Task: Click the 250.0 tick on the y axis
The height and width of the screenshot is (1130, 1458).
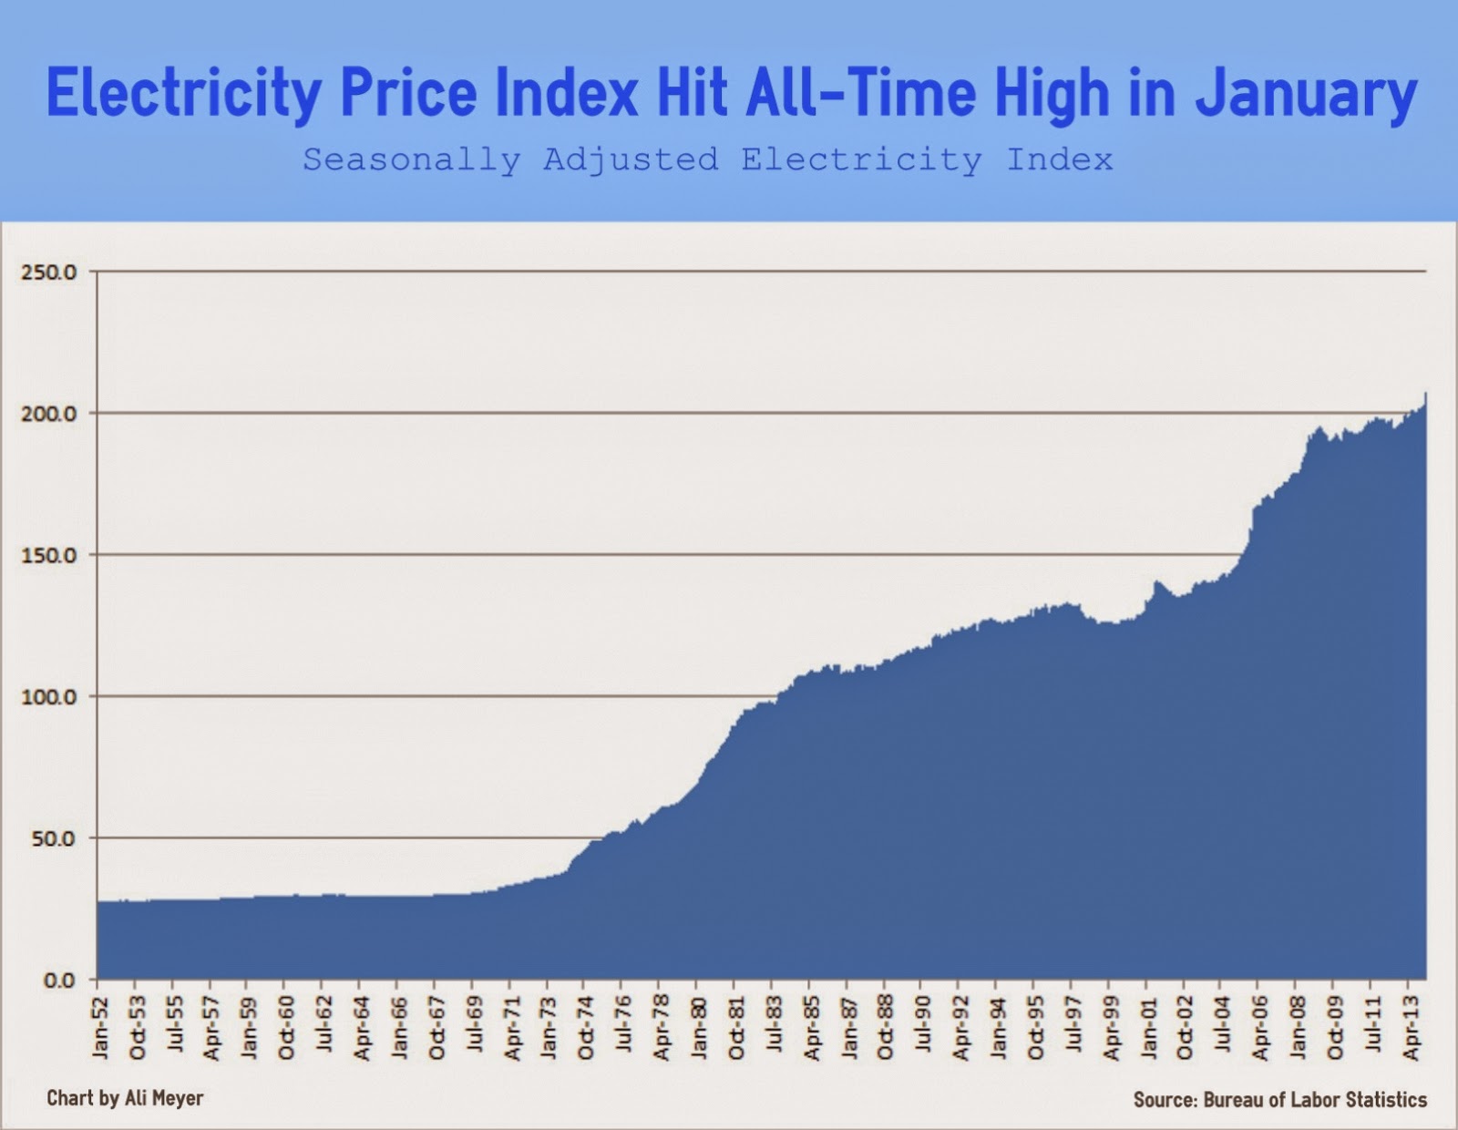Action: (x=48, y=272)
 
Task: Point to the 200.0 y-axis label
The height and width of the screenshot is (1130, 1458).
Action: (x=48, y=414)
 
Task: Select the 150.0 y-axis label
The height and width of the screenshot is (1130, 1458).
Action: (x=48, y=555)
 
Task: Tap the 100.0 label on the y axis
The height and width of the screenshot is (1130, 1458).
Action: (x=48, y=697)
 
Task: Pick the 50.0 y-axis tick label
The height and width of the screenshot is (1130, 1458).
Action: (x=53, y=838)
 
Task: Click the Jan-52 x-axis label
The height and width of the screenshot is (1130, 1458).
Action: (x=99, y=1029)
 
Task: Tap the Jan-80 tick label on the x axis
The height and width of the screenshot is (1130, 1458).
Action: (x=698, y=1029)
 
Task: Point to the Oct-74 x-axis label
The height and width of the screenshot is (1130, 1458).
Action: (x=586, y=1029)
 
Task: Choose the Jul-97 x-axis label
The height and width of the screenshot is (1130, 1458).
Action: (x=1073, y=1029)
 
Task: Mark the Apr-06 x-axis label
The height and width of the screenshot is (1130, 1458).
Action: (x=1260, y=1029)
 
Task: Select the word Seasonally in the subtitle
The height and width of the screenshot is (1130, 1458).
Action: (x=411, y=160)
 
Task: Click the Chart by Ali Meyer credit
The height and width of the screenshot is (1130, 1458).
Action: (x=125, y=1098)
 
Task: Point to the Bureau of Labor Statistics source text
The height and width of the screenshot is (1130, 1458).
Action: (x=1315, y=1100)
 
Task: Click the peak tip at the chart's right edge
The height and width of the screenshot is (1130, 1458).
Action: (x=1424, y=395)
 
